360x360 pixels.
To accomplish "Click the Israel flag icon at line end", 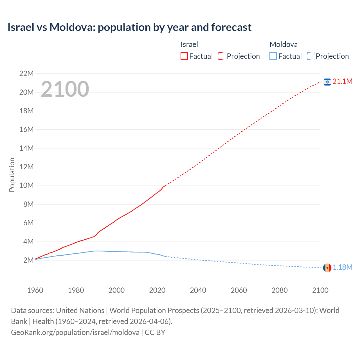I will click(327, 82).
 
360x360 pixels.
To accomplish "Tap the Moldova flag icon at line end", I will click(327, 268).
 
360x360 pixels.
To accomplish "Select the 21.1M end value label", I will click(342, 82).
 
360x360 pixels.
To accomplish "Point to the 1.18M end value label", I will click(342, 267).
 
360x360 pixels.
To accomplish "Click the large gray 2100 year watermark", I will click(65, 89).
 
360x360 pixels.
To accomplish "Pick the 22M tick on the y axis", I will click(26, 74).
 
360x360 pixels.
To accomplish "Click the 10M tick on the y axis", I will click(26, 186).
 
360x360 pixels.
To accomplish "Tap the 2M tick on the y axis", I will click(28, 260).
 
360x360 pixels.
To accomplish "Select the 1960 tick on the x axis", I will click(35, 290).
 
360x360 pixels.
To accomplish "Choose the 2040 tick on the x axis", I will click(198, 290).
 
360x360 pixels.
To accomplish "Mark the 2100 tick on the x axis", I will click(320, 290).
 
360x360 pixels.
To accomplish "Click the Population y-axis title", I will click(12, 175).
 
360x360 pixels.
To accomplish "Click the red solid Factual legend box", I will click(184, 56).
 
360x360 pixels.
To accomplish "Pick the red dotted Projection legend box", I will click(222, 56).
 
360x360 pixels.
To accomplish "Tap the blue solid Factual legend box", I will click(273, 56).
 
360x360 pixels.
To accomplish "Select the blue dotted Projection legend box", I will click(311, 56).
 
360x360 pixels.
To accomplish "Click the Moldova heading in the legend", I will click(283, 44).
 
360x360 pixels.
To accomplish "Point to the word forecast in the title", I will click(231, 27).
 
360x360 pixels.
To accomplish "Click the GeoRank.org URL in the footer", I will click(75, 332).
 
